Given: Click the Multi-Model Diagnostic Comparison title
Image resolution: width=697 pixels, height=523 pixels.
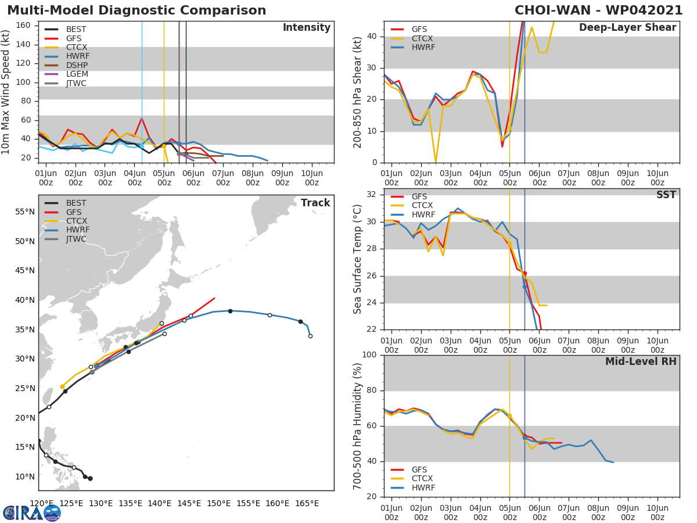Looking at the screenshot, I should (136, 10).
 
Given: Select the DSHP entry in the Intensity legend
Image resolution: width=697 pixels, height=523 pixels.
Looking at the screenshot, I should (77, 65).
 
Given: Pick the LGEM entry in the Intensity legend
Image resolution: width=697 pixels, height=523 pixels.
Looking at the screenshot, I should (77, 74).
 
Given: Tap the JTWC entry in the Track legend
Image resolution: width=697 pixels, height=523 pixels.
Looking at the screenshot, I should (76, 239).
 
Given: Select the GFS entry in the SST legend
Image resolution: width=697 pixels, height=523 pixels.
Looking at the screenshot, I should (419, 197).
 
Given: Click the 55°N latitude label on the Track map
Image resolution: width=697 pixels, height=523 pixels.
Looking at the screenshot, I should (24, 212).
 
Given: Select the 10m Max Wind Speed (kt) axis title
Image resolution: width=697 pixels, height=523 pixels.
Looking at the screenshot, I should (6, 92).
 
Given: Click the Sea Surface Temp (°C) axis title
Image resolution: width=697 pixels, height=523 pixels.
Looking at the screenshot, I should (358, 259).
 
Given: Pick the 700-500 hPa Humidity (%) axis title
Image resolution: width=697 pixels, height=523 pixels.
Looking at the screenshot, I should (358, 425).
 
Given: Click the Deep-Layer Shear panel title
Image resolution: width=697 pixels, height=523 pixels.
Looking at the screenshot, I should (627, 28).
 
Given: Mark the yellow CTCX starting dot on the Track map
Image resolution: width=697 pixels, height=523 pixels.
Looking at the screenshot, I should (62, 386).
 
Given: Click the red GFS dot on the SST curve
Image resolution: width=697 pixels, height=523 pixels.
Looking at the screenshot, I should (524, 273).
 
